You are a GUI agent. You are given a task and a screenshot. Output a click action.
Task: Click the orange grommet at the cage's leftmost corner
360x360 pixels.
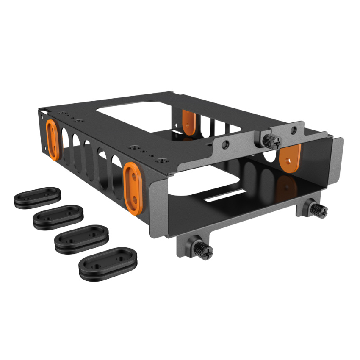pos(53,139)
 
